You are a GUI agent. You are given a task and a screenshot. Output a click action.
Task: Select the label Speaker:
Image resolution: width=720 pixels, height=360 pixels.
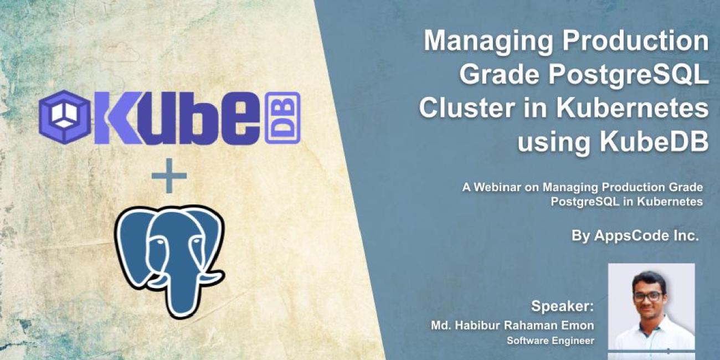pos(562,306)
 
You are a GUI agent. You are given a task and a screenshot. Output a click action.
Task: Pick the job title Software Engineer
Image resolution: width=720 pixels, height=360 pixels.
pos(550,341)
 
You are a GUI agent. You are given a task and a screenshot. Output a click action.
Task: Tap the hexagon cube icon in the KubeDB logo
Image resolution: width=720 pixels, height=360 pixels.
pos(64,118)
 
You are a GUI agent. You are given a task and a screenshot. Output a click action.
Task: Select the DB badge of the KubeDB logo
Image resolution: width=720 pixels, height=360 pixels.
pos(282,118)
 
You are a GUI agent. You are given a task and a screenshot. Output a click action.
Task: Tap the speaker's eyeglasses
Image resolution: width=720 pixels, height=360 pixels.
pos(647,296)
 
